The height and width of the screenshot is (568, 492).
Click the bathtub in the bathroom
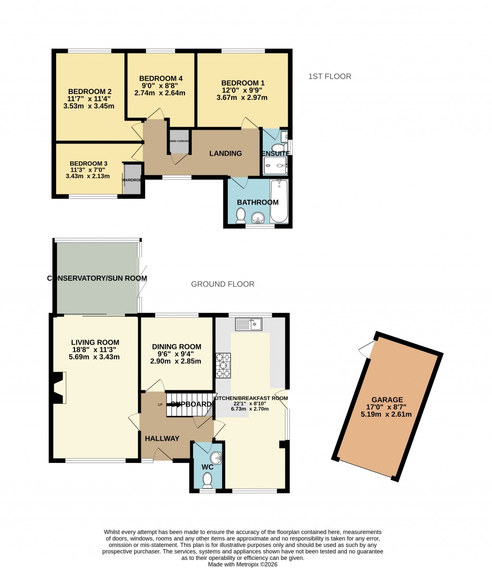279,201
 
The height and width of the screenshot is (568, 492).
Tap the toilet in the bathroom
241,216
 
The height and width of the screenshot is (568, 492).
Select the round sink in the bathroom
259,218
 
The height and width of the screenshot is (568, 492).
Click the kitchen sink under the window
248,325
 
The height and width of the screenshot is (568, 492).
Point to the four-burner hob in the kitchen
223,366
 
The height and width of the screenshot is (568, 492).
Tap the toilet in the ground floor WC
208,479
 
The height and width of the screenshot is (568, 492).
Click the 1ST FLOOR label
330,76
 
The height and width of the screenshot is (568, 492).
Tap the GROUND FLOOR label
222,284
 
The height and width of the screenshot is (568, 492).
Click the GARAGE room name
387,399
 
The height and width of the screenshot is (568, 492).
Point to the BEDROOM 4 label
160,79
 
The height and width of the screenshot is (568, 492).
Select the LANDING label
225,154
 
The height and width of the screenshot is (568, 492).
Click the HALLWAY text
162,438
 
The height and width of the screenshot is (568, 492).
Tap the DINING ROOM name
176,347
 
